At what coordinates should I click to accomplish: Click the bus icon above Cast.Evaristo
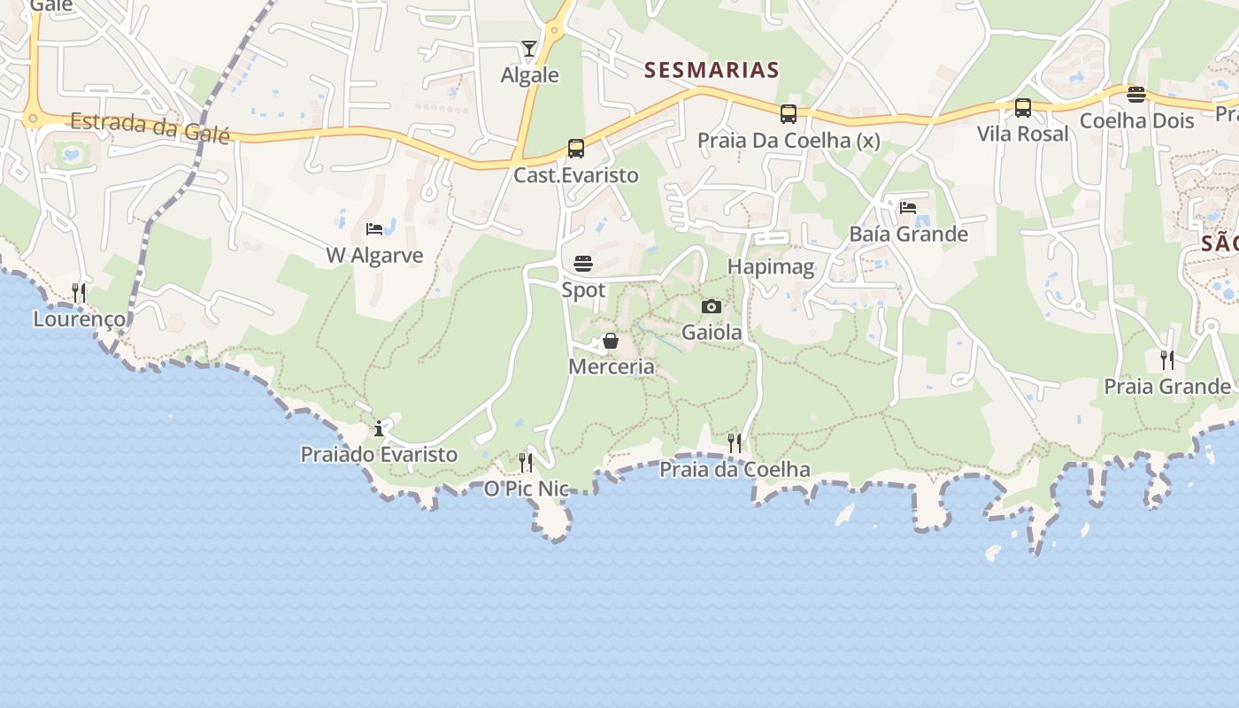point(576,149)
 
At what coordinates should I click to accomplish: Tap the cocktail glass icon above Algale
point(529,48)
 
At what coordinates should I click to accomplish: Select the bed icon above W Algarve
point(374,229)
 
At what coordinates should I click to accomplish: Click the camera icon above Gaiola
point(712,307)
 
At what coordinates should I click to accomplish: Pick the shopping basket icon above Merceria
point(611,341)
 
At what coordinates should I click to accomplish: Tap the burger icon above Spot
point(583,264)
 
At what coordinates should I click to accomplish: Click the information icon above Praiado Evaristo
point(379,429)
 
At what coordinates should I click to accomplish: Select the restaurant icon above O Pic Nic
point(526,462)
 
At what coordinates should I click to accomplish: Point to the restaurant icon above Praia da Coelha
point(735,442)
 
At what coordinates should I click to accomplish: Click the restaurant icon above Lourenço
point(79,292)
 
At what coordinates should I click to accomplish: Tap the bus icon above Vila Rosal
point(1023,108)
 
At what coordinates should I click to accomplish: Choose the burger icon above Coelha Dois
point(1136,95)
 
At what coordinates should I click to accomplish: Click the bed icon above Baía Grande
point(908,209)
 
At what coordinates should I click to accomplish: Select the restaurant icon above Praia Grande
point(1167,360)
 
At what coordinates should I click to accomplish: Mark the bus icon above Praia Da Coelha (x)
point(789,114)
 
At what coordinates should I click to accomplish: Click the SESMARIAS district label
point(712,70)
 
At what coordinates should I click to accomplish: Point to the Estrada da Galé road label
point(150,127)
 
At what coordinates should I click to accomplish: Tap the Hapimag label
point(771,267)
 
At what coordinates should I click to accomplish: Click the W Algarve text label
point(374,256)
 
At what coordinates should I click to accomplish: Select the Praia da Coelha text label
point(735,469)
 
